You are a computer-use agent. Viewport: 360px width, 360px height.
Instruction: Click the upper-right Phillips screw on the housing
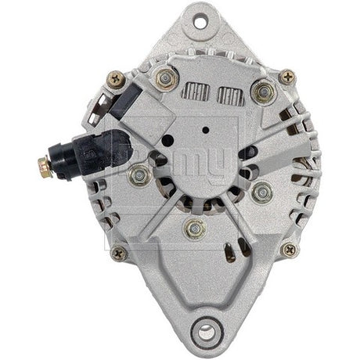pos(288,76)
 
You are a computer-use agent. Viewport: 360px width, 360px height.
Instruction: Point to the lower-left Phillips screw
pos(119,253)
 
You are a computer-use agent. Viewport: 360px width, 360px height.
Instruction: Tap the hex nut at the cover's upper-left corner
pos(165,77)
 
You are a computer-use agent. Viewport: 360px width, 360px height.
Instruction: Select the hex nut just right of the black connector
pos(139,174)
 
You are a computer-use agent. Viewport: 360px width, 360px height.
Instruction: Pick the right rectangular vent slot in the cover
pos(229,97)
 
